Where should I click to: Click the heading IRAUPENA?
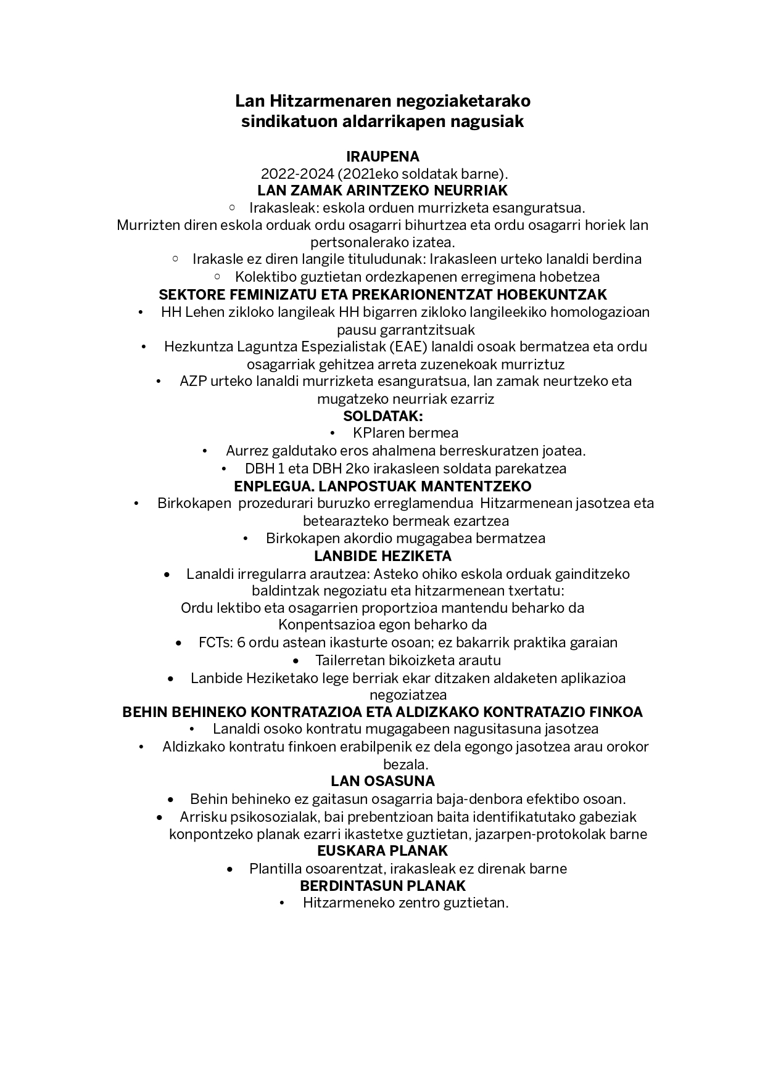tap(382, 156)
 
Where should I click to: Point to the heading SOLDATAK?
tap(382, 416)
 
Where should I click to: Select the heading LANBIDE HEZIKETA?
tap(382, 555)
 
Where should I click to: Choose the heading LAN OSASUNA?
tap(382, 781)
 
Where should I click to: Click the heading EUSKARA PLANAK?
tap(382, 851)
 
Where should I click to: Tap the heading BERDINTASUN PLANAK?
tap(382, 885)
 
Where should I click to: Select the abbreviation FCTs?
tap(215, 642)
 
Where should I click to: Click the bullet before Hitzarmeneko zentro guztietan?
tap(282, 903)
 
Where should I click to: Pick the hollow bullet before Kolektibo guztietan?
tap(217, 276)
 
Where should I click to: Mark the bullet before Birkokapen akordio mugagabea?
tap(246, 538)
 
